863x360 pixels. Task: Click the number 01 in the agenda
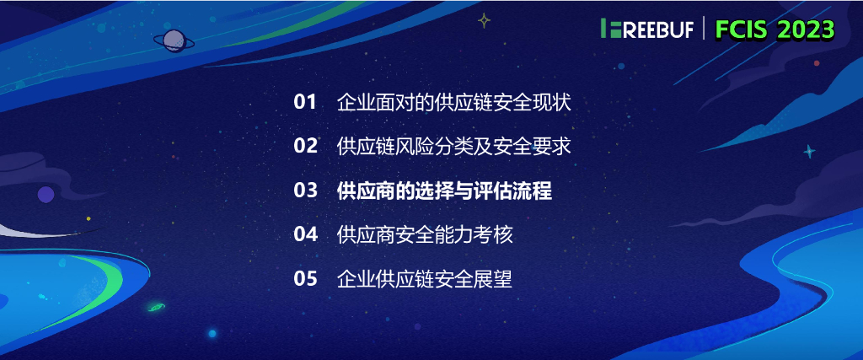coord(304,103)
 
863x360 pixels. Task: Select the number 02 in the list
coord(305,147)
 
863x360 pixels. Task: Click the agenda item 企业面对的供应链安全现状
coord(453,103)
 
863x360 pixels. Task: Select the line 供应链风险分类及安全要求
coord(453,147)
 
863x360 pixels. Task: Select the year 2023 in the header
coord(807,30)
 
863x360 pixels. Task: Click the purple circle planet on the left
coord(46,195)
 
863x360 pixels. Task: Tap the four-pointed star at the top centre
coord(484,20)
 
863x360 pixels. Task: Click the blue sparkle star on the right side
coord(810,152)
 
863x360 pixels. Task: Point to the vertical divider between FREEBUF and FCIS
coord(705,30)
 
